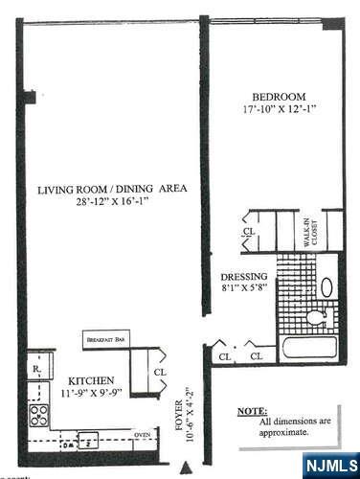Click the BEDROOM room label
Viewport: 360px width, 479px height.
pos(279,97)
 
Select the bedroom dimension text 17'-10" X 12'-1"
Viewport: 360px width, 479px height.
pos(279,110)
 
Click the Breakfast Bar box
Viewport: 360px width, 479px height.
pos(106,339)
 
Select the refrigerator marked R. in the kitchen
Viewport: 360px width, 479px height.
pos(35,368)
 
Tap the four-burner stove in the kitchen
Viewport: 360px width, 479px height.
pos(40,414)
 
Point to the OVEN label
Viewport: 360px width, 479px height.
pos(142,436)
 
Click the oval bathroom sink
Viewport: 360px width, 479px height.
pos(326,285)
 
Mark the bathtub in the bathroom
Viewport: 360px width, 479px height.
pos(305,347)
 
